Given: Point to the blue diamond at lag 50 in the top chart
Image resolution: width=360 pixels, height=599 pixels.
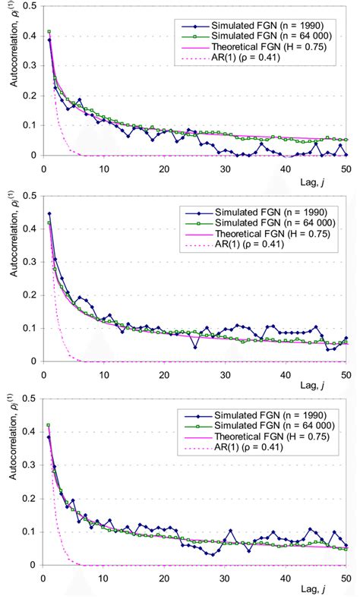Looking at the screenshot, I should pos(345,154).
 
